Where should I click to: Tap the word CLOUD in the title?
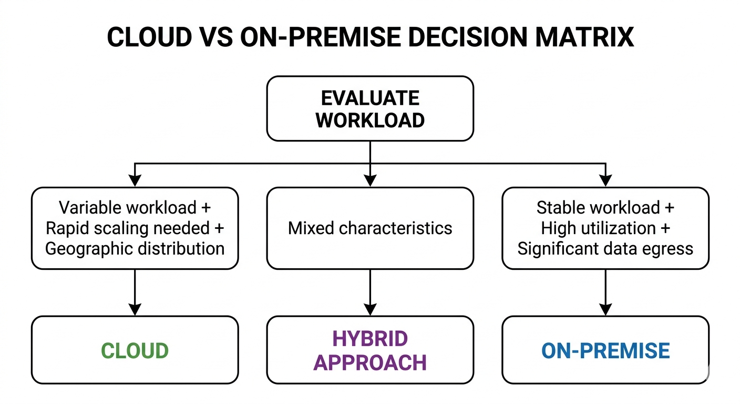(x=150, y=37)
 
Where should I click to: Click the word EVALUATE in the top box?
(x=370, y=98)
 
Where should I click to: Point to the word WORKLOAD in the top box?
(x=370, y=120)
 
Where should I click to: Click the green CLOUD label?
(x=135, y=351)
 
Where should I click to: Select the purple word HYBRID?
(x=370, y=339)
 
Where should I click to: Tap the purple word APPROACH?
(x=370, y=362)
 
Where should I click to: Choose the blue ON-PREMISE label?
(x=605, y=351)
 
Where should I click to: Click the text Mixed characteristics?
(x=370, y=228)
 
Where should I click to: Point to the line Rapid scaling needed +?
(x=135, y=228)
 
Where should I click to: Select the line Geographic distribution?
(x=135, y=248)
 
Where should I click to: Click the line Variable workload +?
(x=135, y=208)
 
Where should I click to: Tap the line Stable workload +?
(x=605, y=208)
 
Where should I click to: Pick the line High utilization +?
(x=605, y=228)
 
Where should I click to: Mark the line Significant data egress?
(x=605, y=248)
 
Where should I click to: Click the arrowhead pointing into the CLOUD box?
(x=135, y=310)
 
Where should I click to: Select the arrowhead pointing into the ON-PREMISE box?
(x=605, y=310)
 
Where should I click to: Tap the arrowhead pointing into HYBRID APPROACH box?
(x=370, y=310)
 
